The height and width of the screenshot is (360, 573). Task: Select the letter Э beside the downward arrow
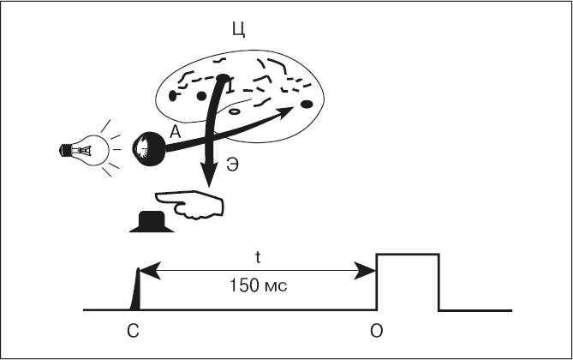tap(232, 168)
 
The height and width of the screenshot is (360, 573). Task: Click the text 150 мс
tap(258, 286)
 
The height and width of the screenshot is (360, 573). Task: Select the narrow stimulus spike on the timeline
tap(135, 291)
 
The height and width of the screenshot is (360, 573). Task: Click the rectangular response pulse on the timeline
tap(408, 281)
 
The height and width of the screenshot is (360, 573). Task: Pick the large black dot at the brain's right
tap(306, 105)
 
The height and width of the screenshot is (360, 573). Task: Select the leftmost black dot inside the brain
tap(172, 95)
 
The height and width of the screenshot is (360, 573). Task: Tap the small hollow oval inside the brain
tap(234, 111)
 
